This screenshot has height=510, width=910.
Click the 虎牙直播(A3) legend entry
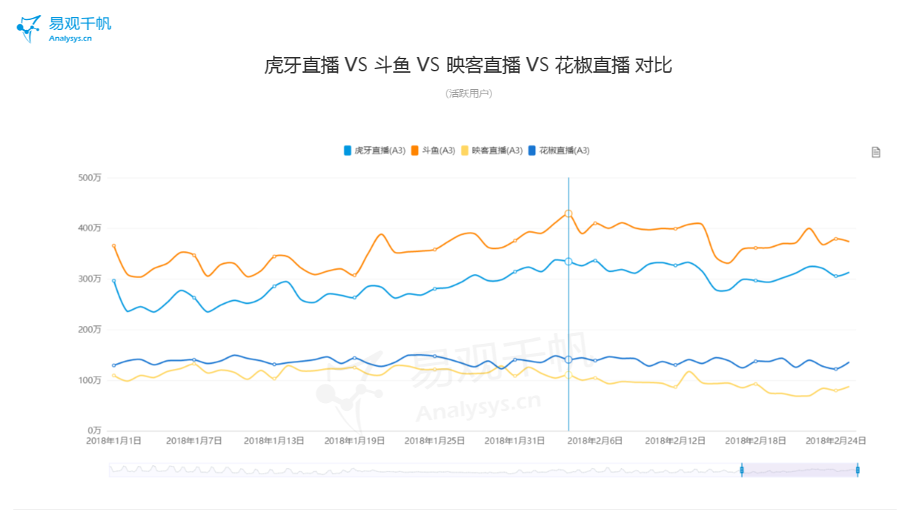pyautogui.click(x=375, y=151)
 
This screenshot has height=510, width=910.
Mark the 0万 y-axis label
pyautogui.click(x=93, y=431)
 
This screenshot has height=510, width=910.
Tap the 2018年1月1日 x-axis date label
pyautogui.click(x=114, y=441)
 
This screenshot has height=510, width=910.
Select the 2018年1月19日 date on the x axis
pyautogui.click(x=354, y=441)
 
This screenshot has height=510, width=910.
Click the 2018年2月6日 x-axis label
pyautogui.click(x=594, y=441)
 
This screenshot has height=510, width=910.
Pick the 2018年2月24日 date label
pyautogui.click(x=836, y=441)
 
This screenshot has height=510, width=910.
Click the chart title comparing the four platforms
pyautogui.click(x=468, y=66)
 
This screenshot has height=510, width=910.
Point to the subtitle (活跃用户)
pyautogui.click(x=469, y=93)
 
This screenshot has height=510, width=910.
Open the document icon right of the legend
pyautogui.click(x=876, y=152)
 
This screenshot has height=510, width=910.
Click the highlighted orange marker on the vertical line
pyautogui.click(x=569, y=213)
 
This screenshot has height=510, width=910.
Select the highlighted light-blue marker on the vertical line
pyautogui.click(x=569, y=262)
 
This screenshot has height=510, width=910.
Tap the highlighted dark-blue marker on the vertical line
pyautogui.click(x=569, y=359)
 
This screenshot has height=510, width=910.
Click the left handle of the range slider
pyautogui.click(x=741, y=470)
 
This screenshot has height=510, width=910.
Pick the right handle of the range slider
pyautogui.click(x=857, y=470)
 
